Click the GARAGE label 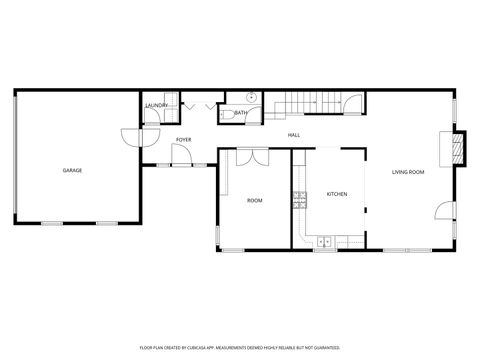coord(72,171)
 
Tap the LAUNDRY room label coord(156,105)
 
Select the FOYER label coord(184,140)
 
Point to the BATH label coord(241,113)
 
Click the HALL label coord(294,135)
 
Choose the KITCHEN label coord(337,194)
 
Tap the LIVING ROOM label coord(408,172)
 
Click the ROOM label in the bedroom coord(255,201)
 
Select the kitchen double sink coord(325,241)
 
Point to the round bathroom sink coord(251,98)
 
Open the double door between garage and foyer coord(131,140)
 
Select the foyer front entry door coord(180,156)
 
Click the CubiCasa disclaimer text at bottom coord(240,349)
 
